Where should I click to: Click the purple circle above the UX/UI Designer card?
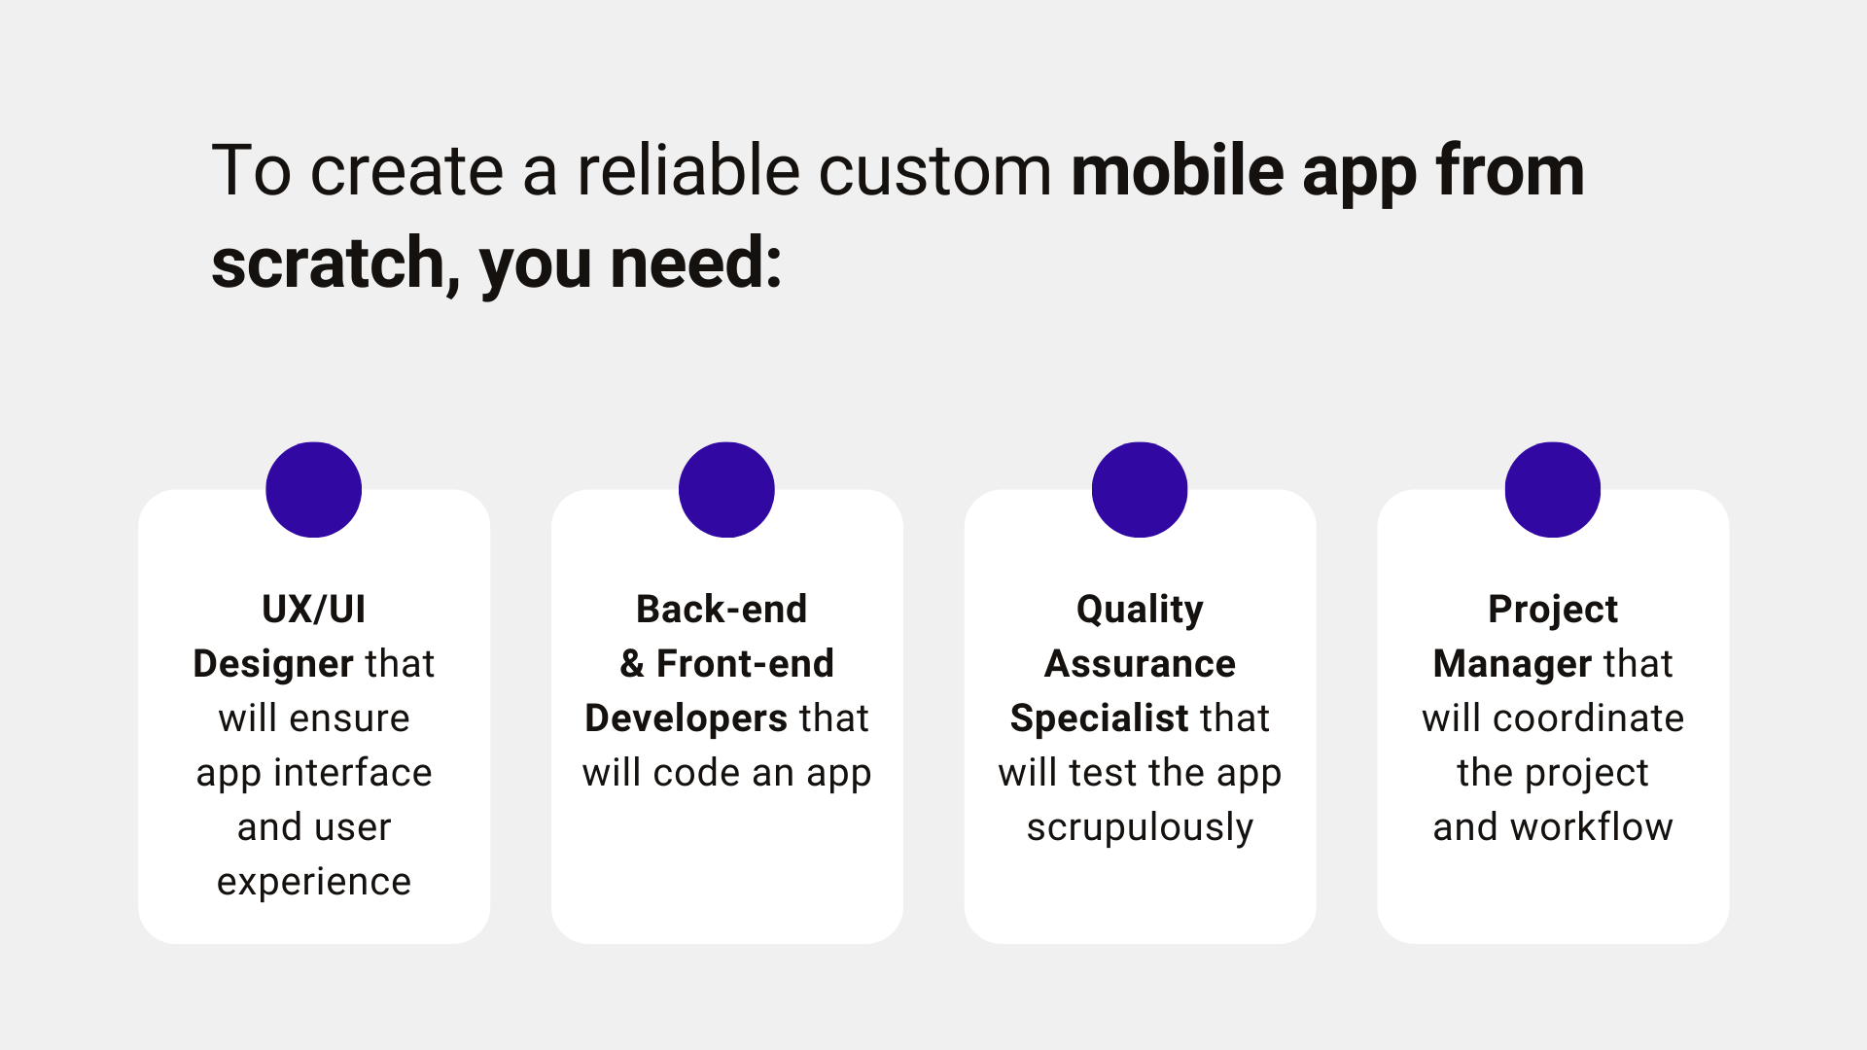(314, 490)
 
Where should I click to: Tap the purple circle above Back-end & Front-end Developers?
(726, 490)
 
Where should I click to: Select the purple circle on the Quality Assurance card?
(1140, 490)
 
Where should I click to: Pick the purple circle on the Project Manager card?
(1553, 490)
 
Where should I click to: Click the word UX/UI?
(314, 610)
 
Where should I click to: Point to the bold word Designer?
(272, 664)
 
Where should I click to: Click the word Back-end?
(722, 610)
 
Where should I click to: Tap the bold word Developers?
(686, 718)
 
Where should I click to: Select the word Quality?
(1140, 611)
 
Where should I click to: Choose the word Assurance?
(1140, 664)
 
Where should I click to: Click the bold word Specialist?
(1099, 718)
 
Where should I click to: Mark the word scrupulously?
(1140, 828)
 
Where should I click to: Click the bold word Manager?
(1512, 664)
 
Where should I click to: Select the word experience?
(314, 883)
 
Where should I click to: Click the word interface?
(352, 773)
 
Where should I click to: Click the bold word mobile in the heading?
(1178, 171)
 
